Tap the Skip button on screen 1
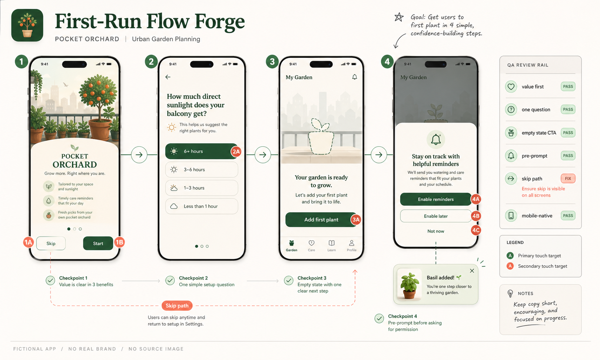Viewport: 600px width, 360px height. pos(51,243)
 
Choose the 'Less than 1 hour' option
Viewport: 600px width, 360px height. pos(201,206)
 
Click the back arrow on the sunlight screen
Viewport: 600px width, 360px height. pos(168,77)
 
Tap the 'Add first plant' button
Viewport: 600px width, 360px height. pos(321,220)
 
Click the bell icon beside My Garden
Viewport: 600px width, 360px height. pos(355,77)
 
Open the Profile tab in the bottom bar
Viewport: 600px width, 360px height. pos(351,245)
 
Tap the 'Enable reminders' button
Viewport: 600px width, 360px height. pos(435,199)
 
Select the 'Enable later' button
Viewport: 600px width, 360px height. pos(435,216)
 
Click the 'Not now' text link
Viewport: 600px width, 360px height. pos(435,231)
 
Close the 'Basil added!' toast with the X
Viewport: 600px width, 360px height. pos(472,271)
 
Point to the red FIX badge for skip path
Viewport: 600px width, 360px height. pos(568,179)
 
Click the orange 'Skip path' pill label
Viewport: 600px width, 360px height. pos(177,306)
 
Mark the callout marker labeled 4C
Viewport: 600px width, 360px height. pos(476,230)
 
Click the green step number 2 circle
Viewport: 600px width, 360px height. pos(151,61)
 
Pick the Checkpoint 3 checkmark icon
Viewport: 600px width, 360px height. pos(289,280)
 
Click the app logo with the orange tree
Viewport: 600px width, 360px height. pos(27,25)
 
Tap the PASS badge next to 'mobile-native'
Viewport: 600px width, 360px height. pos(568,216)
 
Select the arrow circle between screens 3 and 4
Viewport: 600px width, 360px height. pos(379,154)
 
